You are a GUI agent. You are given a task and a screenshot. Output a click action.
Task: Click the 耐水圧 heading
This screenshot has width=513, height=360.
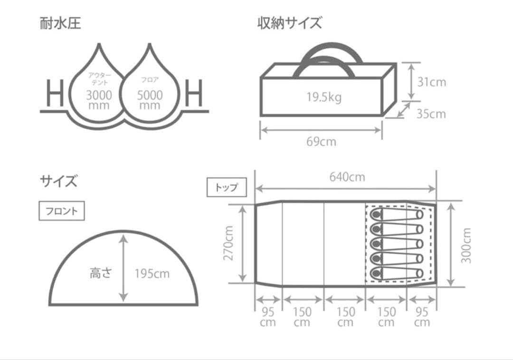coord(60,23)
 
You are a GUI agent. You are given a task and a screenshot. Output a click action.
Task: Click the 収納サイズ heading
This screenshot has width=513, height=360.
coord(289,23)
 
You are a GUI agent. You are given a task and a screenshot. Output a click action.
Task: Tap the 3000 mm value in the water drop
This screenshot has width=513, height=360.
coord(99,100)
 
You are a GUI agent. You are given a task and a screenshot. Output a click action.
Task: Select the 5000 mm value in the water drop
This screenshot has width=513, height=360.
coord(150,100)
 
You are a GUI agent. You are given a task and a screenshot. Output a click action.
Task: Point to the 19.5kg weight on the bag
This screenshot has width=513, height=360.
coord(323,97)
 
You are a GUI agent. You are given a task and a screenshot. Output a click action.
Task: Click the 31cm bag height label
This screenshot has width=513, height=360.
coord(431,82)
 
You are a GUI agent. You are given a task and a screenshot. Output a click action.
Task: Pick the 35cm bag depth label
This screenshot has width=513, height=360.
coord(431,114)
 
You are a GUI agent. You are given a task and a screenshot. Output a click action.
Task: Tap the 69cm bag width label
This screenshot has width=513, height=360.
coord(321,142)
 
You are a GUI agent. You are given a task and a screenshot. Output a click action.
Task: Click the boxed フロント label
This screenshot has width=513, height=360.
coord(61,211)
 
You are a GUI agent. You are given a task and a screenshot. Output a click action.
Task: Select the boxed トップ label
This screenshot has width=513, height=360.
coord(227,187)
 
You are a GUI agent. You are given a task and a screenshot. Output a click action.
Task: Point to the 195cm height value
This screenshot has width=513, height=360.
coord(152,274)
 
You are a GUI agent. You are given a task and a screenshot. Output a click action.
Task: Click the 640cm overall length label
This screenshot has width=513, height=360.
coord(347,177)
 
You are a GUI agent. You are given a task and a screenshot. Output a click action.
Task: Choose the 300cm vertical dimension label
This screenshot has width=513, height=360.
coord(466,245)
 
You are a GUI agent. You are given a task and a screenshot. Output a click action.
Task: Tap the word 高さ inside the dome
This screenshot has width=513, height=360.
coord(101,274)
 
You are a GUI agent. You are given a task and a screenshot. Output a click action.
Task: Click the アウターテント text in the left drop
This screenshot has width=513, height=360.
coord(99,79)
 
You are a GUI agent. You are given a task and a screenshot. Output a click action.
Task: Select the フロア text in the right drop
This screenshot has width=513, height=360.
coord(150,80)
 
